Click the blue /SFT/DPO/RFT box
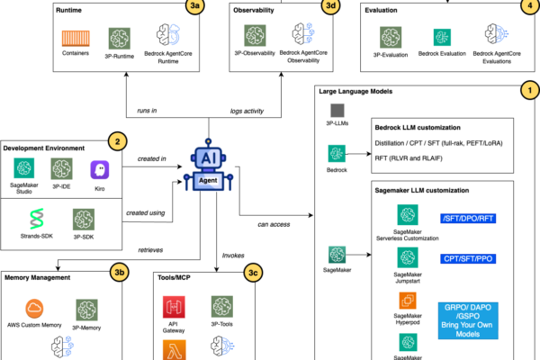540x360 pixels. pyautogui.click(x=469, y=217)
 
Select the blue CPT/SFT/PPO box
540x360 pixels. pyautogui.click(x=469, y=259)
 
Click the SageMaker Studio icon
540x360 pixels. pyautogui.click(x=25, y=169)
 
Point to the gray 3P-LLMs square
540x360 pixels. pyautogui.click(x=334, y=111)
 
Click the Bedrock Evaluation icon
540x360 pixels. pyautogui.click(x=443, y=38)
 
